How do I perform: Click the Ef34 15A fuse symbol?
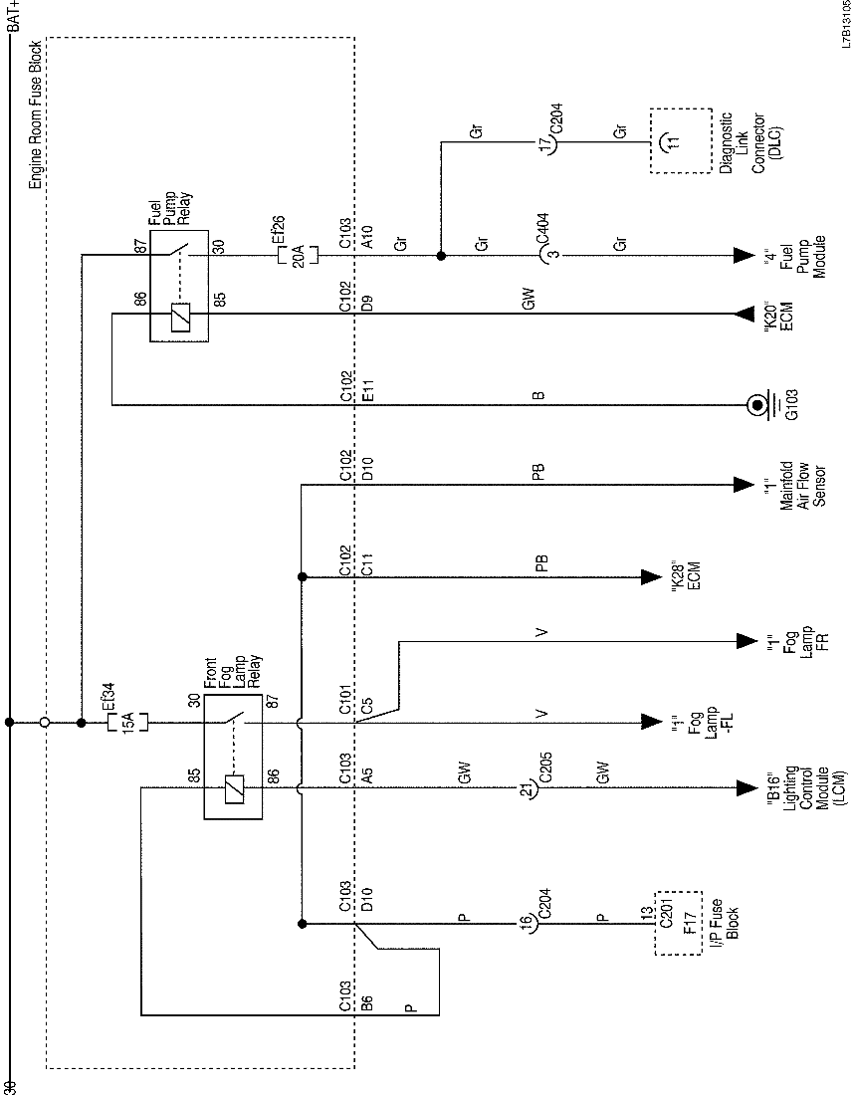point(126,721)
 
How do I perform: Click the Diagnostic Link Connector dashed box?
point(682,140)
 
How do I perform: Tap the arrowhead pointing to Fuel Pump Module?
point(742,255)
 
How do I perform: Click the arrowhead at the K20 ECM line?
point(742,315)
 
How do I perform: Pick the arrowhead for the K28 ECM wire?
point(652,575)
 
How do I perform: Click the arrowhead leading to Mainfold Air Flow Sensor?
point(742,485)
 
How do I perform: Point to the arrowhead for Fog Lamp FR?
point(742,640)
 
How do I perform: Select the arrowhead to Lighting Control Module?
point(742,788)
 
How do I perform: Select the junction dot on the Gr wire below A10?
point(440,255)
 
